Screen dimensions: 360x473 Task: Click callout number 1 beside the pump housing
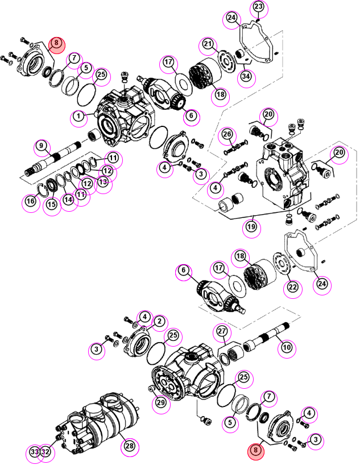78,116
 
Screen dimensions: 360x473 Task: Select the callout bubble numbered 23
259,7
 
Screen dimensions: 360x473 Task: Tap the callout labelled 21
208,44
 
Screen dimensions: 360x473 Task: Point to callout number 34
246,76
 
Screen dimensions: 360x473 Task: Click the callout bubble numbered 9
42,146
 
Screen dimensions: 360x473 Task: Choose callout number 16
31,201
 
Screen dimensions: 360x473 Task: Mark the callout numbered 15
52,204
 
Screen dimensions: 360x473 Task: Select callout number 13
103,182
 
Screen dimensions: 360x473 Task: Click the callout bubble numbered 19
251,227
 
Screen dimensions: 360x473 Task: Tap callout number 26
227,134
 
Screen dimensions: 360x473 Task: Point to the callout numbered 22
293,287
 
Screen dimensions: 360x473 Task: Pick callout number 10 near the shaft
287,348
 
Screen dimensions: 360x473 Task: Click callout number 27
222,331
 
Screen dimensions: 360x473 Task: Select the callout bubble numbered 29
161,402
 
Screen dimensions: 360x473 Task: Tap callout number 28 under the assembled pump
130,446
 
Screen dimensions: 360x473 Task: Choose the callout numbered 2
159,322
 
